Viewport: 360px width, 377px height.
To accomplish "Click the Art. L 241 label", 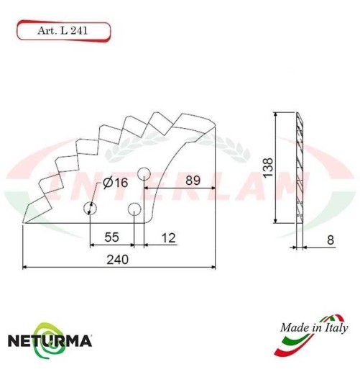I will point(63,31).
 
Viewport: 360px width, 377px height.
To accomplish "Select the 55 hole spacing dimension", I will point(111,237).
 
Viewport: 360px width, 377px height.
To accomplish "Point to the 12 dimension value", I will point(167,237).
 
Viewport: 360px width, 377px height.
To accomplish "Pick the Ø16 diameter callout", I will point(115,183).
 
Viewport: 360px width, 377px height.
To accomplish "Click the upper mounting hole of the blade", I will point(144,173).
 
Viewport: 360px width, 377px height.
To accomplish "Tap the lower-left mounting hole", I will point(90,209).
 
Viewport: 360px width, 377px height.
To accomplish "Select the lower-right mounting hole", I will point(134,209).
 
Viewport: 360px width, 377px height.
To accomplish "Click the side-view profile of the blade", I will point(301,168).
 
